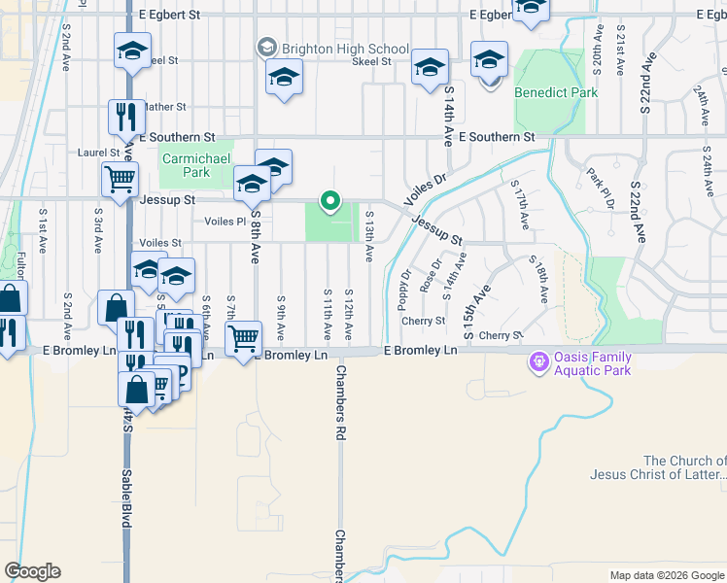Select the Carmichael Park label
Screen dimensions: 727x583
185,165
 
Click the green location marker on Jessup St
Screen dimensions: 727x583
330,202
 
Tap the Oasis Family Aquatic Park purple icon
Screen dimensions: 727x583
537,362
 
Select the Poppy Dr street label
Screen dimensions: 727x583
402,289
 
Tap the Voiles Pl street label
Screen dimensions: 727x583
225,221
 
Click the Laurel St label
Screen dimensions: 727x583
98,153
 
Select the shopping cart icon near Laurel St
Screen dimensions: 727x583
120,178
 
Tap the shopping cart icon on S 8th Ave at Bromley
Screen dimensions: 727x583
243,338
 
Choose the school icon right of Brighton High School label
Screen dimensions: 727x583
430,67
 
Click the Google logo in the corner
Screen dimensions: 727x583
32,571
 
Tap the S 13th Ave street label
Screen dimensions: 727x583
369,237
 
